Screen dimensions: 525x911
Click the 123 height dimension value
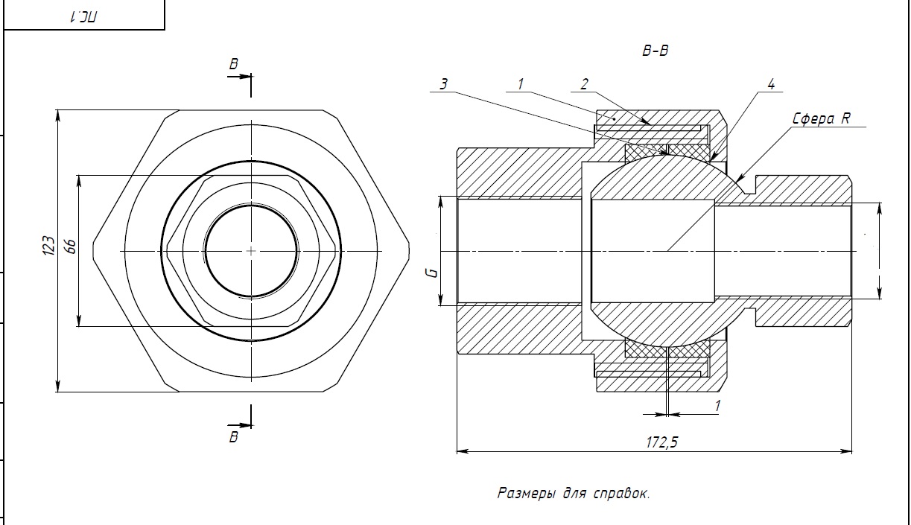48,246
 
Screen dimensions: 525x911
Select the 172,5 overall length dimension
661,442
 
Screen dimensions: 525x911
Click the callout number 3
443,84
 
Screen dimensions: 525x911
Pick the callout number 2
585,84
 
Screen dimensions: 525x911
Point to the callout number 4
771,84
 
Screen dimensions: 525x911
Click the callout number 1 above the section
521,84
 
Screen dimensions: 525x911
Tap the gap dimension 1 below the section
717,406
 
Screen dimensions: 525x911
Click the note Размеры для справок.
573,493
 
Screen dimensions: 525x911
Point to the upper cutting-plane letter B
234,65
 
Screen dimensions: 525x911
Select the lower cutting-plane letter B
234,437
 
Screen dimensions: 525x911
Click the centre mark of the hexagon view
251,251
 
